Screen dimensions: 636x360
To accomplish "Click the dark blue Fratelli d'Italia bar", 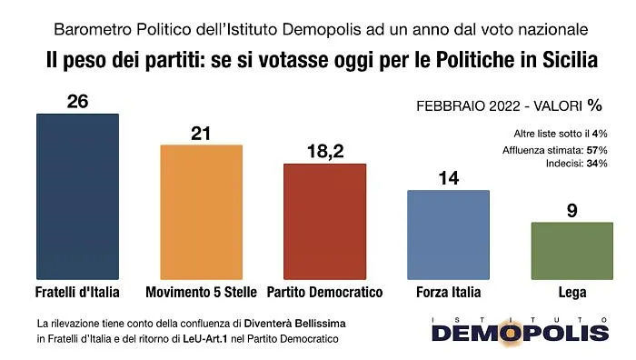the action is [x=77, y=196].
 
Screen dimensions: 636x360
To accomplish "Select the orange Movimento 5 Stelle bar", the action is [x=201, y=212].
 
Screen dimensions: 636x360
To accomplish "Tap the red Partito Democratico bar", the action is [x=325, y=222].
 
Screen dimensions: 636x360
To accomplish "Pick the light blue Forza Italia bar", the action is [x=448, y=235].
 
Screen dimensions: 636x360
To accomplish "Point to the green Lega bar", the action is [x=571, y=251].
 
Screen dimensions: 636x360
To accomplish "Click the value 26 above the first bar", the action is [x=77, y=101].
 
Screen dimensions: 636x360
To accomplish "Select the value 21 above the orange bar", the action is [x=201, y=134].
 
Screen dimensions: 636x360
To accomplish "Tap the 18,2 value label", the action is [x=325, y=152].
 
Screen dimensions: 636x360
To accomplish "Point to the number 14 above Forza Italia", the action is [x=449, y=178].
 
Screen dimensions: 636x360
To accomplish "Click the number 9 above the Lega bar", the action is [x=571, y=211].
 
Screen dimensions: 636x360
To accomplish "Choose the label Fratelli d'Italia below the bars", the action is [x=77, y=292].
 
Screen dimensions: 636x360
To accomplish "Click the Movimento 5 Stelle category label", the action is [x=201, y=292].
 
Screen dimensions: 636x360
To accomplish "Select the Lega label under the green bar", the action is [x=572, y=292].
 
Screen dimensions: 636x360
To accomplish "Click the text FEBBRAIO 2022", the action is [x=468, y=106].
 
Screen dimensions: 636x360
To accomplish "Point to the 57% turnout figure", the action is [x=597, y=150].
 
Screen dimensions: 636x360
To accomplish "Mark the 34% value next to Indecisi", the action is [x=597, y=164].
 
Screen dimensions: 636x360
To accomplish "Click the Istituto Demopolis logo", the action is [x=521, y=331].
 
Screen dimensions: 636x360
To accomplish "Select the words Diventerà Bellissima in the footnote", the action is [x=295, y=324].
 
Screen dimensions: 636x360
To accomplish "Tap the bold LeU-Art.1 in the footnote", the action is [x=204, y=339].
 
